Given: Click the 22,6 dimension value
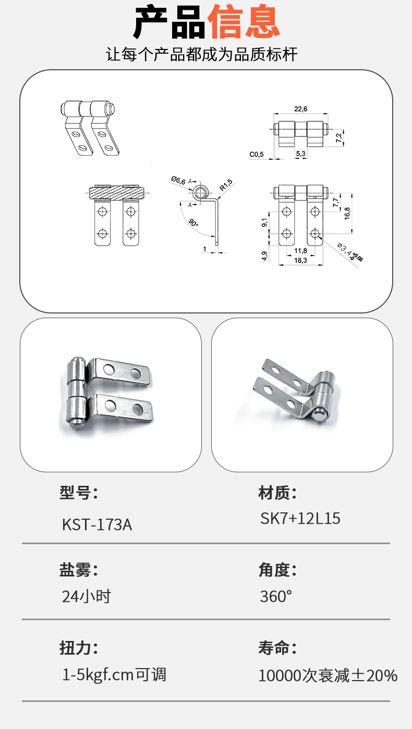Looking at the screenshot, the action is point(300,109).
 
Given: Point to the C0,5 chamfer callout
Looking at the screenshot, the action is point(257,154).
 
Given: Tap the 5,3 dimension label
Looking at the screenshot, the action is point(301,153).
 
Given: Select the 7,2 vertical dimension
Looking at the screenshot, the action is point(339,137).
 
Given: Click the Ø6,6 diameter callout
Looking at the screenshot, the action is point(178,180).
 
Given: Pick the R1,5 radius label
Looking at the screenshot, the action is point(226,184).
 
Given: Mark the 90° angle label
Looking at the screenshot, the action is point(193,223).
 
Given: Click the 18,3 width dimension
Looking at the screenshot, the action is point(300,260).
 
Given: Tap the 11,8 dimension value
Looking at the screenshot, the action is point(300,250).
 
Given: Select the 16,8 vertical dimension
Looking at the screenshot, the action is point(347,213).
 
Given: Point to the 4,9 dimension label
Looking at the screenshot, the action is point(264,256).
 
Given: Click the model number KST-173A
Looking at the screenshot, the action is point(97,525).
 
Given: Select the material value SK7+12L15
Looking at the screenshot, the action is point(300,518).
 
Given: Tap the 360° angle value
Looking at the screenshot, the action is point(276,596).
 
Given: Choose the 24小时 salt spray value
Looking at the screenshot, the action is point(87,596).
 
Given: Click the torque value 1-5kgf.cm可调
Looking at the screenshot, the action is point(114,674).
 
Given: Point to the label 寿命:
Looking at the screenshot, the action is point(277,648).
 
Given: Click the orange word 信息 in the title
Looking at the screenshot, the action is point(244,22).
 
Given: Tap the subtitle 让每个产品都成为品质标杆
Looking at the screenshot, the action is point(201,54).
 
